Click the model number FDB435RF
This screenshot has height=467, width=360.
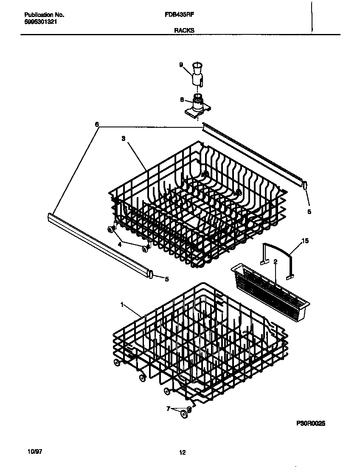coord(177,14)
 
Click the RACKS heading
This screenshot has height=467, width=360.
coord(184,30)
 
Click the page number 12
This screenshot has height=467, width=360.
coord(183,453)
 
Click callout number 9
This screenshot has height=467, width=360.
coord(181,65)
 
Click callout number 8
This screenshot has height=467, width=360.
coord(182,100)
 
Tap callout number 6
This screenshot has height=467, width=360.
coord(97,124)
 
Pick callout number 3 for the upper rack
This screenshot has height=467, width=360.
coord(123,138)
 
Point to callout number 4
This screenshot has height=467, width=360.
coord(120,244)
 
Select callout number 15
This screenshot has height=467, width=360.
coord(305,241)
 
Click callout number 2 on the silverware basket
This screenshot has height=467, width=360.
coord(275,262)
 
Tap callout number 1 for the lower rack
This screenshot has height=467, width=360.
coord(122,304)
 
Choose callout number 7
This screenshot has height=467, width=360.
coord(168,408)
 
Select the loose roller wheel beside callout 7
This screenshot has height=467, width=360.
coord(184,414)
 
